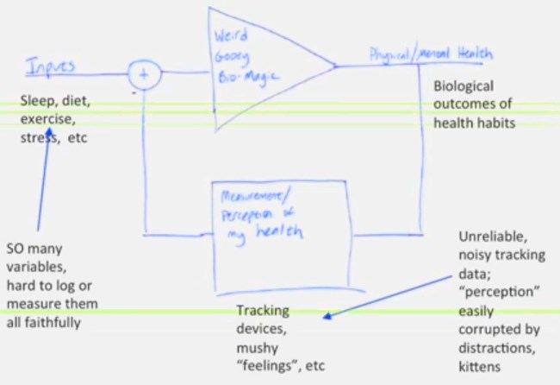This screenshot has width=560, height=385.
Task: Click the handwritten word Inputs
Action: (51, 66)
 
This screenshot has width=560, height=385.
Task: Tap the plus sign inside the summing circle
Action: (145, 75)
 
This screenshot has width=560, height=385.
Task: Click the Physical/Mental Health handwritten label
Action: (431, 54)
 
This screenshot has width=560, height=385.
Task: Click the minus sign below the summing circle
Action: (134, 91)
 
